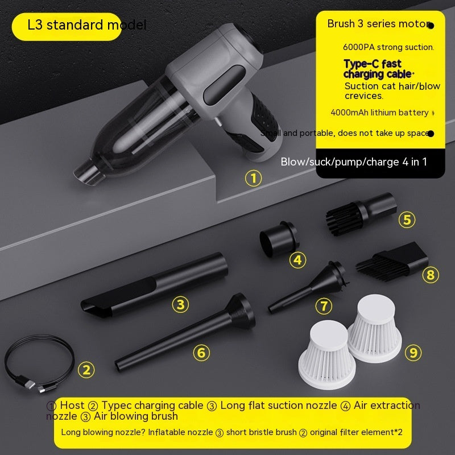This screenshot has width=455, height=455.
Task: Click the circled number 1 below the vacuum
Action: click(x=253, y=179)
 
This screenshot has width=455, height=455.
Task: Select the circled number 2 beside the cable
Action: click(x=86, y=370)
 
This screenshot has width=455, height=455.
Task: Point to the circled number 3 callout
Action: click(x=180, y=304)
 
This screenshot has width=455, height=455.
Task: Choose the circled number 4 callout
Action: click(x=297, y=260)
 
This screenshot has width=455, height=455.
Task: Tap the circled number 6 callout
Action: click(x=201, y=352)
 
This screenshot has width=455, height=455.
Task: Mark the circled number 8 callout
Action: click(x=430, y=275)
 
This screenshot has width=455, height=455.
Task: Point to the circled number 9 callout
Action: click(x=413, y=352)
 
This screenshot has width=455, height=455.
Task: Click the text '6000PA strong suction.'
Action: click(x=388, y=47)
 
